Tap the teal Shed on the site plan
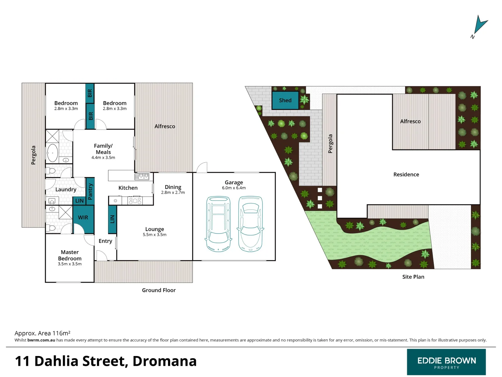(285, 101)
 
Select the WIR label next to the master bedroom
(83, 217)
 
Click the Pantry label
(90, 192)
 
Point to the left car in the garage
(218, 224)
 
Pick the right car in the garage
(250, 224)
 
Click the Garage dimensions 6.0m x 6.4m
(234, 188)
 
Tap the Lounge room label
(154, 229)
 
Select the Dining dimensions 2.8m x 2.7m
(173, 193)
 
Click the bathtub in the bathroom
(53, 153)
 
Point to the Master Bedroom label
(70, 255)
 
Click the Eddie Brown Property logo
(446, 362)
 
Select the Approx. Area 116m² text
(43, 333)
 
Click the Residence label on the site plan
(406, 175)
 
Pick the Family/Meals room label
(103, 149)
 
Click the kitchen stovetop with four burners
(135, 201)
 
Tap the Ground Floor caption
(159, 290)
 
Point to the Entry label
(105, 241)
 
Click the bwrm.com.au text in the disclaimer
(41, 340)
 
